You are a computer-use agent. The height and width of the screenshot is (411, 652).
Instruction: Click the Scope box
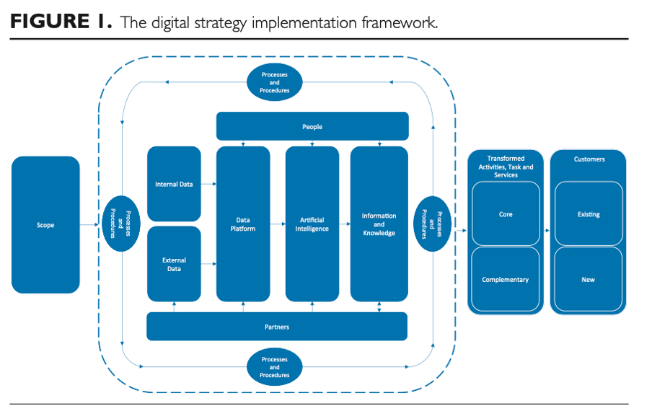45,225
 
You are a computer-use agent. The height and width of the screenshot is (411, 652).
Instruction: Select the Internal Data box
174,184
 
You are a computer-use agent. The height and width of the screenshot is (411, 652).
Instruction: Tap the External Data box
174,264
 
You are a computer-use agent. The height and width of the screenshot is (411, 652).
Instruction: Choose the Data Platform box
243,224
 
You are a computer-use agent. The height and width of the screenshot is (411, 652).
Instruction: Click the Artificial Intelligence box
312,224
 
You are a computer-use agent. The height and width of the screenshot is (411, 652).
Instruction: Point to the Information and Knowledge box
379,224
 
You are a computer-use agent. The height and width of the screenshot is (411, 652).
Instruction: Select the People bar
312,126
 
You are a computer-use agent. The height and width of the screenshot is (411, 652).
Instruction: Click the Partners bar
277,327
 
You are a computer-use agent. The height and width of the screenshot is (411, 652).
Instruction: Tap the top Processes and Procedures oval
274,82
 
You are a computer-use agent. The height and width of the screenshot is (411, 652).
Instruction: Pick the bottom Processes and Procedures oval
274,367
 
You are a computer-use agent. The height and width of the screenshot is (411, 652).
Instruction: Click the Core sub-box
506,214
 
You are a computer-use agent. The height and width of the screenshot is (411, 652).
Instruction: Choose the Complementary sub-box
506,280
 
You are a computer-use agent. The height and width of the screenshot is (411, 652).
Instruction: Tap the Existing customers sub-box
589,214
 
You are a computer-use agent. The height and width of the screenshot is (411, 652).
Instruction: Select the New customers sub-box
589,280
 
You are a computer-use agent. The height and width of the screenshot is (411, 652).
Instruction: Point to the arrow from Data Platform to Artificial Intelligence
278,228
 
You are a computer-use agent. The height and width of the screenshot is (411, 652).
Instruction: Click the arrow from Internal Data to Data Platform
208,185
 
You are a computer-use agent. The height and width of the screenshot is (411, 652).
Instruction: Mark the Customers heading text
589,159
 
